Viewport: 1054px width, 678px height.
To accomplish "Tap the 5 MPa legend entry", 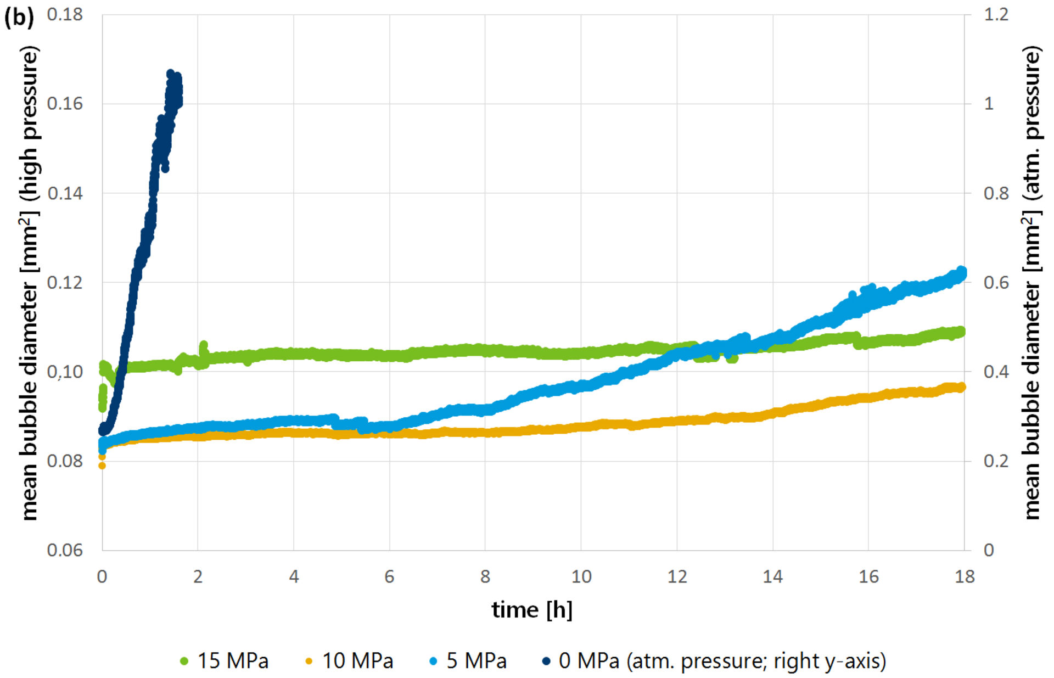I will coord(468,661).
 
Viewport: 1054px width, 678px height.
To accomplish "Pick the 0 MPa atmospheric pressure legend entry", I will coord(714,661).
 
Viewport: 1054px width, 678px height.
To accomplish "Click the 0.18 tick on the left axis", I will coord(65,15).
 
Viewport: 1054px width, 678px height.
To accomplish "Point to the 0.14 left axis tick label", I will coord(65,193).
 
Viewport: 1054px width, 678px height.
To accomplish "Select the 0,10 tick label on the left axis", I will coord(65,372).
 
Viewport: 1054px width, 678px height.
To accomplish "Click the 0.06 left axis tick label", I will coord(65,550).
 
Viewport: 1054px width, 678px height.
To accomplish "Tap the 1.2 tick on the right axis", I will coord(996,15).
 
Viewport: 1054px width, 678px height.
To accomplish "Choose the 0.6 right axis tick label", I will coord(996,283).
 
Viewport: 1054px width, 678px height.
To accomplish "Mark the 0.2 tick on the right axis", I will coord(996,461).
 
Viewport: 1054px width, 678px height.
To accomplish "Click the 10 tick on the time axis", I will coord(581,576).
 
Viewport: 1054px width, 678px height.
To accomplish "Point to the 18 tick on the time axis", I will coord(965,576).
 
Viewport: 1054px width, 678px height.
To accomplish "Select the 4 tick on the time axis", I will coord(294,576).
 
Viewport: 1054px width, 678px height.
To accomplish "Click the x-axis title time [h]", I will coord(531,610).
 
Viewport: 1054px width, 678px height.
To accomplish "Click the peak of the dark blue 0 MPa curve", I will coord(171,74).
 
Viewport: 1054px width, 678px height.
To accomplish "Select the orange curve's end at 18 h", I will coord(961,388).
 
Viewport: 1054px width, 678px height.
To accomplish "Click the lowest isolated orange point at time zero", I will coord(102,466).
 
